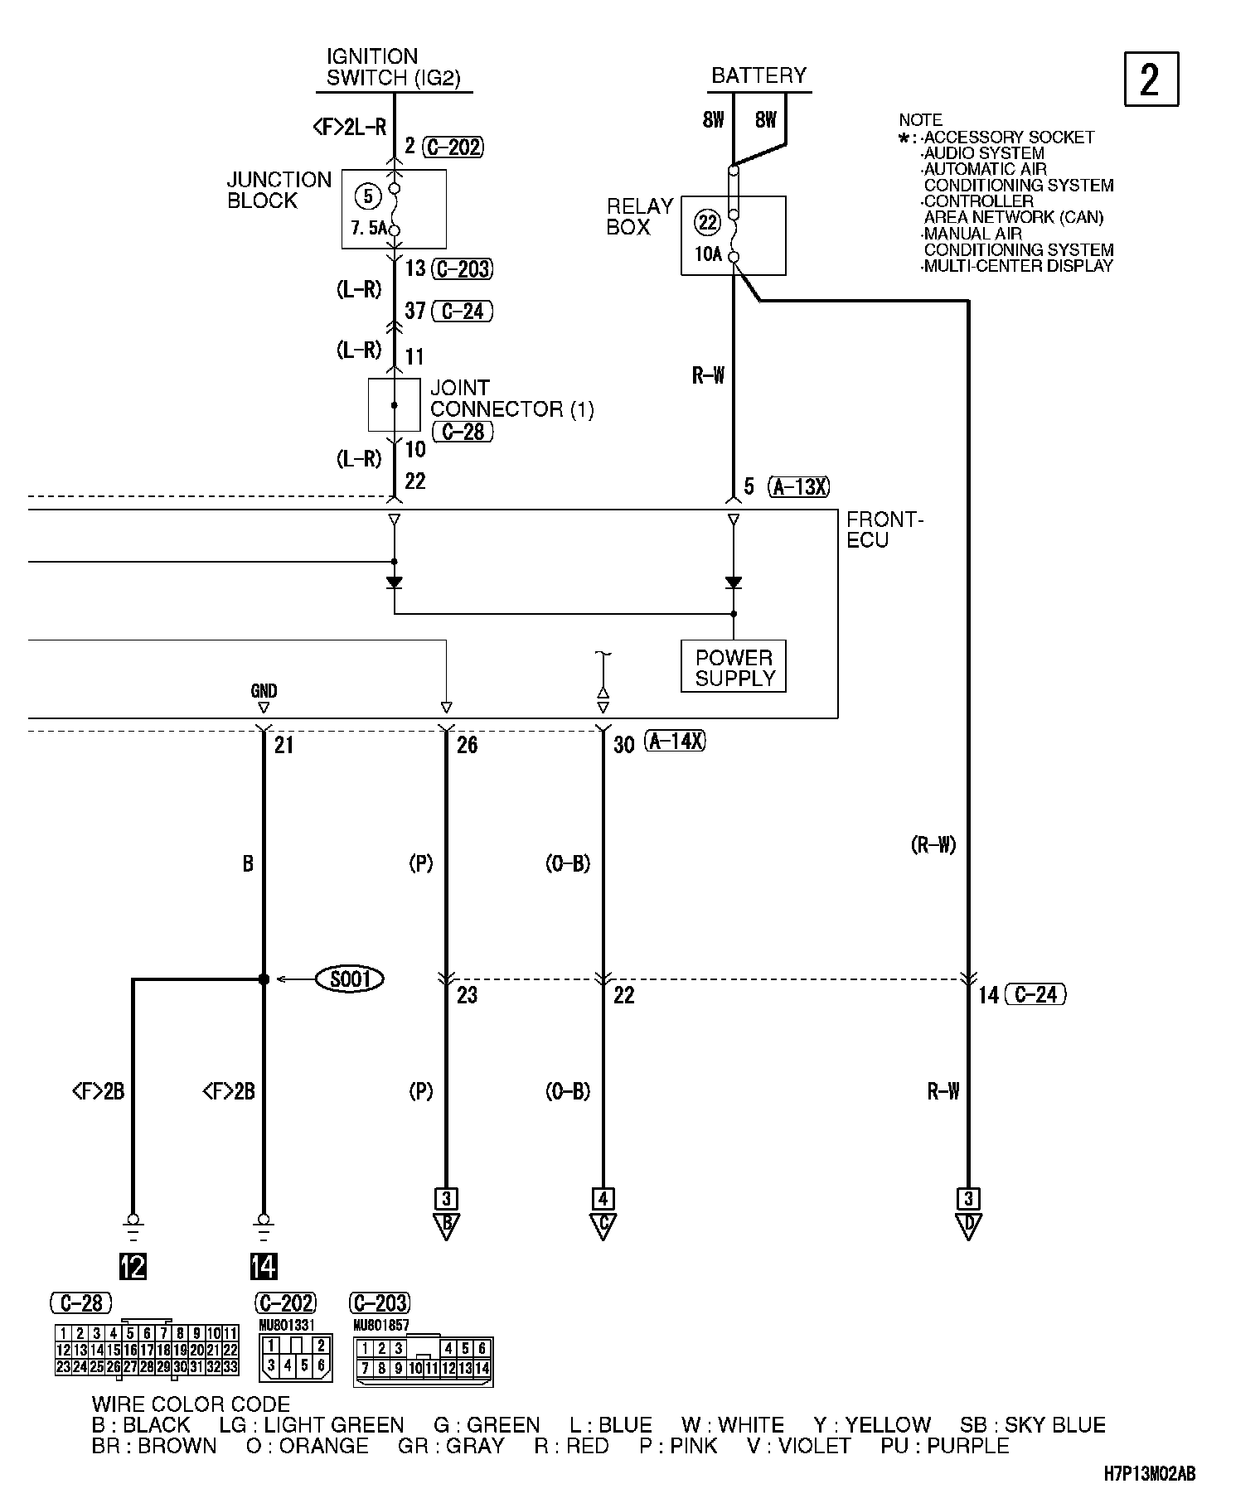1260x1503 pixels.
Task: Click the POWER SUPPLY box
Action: [734, 667]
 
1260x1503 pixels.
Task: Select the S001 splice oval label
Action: [350, 979]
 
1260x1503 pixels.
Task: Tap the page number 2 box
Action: [1151, 80]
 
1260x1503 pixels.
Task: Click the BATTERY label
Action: [758, 75]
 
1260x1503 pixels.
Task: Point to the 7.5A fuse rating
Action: [369, 228]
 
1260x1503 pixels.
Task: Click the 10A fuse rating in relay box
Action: [708, 254]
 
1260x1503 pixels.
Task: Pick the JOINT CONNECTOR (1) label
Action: [511, 399]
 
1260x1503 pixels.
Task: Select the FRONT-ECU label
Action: [884, 529]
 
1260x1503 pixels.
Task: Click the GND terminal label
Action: [264, 691]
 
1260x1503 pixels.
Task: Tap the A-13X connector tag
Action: [798, 486]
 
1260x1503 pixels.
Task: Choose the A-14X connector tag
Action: [676, 742]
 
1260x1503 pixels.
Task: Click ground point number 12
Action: [133, 1266]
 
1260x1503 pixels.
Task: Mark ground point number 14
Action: [264, 1266]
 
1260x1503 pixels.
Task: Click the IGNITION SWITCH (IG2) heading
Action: [394, 68]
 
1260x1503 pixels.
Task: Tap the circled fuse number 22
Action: [708, 222]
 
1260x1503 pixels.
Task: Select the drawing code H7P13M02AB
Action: [1149, 1472]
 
